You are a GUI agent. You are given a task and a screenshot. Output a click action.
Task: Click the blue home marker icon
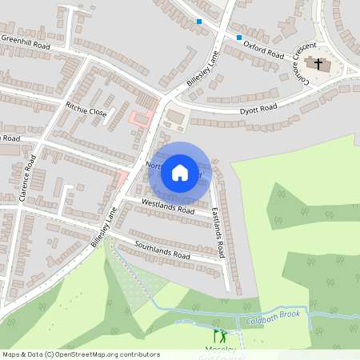point(180,172)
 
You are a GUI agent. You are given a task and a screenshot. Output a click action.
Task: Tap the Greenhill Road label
point(26,42)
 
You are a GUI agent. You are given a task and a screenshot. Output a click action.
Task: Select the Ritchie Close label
point(86,108)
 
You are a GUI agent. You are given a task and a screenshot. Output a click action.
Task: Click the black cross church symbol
point(318,62)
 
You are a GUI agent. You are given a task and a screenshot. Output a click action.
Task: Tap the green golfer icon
point(219,337)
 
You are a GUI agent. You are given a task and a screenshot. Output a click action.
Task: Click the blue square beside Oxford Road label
point(238,37)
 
